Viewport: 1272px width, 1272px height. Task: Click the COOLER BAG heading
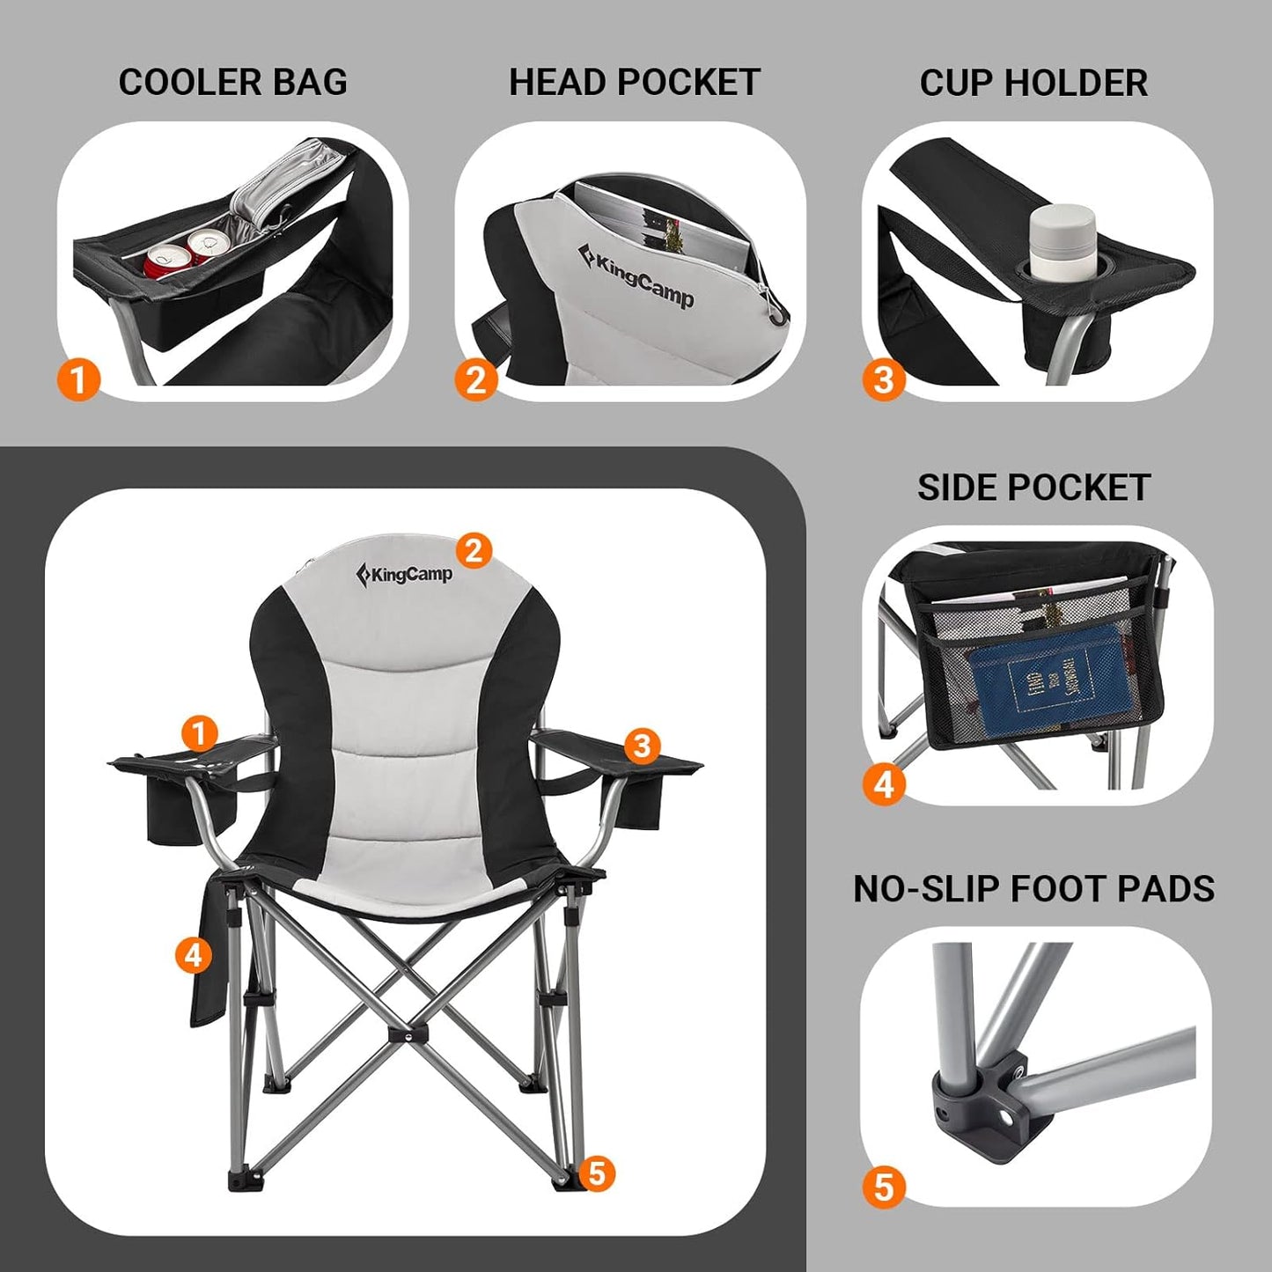pyautogui.click(x=233, y=83)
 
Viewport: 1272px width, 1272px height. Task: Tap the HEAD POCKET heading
pyautogui.click(x=634, y=83)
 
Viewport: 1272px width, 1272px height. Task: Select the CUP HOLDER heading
pyautogui.click(x=1033, y=83)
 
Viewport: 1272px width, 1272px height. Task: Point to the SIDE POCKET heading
pyautogui.click(x=1033, y=488)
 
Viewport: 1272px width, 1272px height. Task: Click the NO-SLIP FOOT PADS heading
pyautogui.click(x=1033, y=889)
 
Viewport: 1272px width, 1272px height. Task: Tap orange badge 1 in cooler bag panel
pyautogui.click(x=79, y=380)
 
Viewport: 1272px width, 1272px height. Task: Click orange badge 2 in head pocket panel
pyautogui.click(x=476, y=380)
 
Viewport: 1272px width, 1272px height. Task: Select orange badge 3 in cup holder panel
pyautogui.click(x=884, y=380)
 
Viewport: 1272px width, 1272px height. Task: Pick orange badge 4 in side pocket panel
pyautogui.click(x=884, y=783)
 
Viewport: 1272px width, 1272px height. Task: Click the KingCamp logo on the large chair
pyautogui.click(x=404, y=575)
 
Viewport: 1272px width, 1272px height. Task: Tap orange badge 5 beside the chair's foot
pyautogui.click(x=598, y=1173)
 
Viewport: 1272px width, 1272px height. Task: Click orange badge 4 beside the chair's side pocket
pyautogui.click(x=194, y=954)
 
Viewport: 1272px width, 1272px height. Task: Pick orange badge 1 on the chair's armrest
pyautogui.click(x=200, y=733)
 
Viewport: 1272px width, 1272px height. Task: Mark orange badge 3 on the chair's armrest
pyautogui.click(x=642, y=746)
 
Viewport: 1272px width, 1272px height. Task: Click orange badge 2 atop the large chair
pyautogui.click(x=474, y=551)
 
